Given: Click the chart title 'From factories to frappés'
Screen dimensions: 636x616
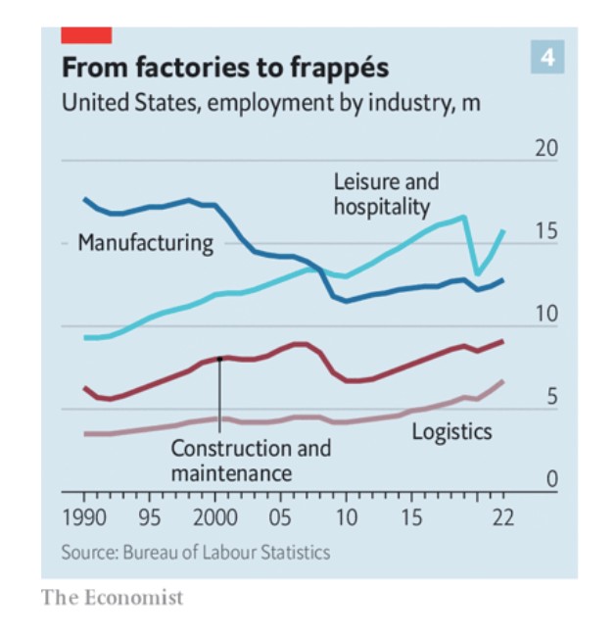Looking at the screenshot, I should pos(225,68).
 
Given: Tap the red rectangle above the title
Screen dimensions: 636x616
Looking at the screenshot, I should pos(86,35).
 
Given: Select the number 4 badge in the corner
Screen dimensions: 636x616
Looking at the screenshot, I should pos(548,58).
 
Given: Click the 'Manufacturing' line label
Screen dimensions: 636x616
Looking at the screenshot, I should pos(145,242).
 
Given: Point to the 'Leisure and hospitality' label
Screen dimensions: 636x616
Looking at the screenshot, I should pos(386,194).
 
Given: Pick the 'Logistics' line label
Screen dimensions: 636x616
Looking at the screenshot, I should pos(451,431).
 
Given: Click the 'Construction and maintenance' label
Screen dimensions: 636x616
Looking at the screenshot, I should pos(251,461).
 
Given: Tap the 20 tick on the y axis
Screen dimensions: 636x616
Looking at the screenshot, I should pos(545,150).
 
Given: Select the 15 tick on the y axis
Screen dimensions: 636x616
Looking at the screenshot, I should pos(545,232).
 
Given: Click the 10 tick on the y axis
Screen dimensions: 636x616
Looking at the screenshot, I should pos(545,315).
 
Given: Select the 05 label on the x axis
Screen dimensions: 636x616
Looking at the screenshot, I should pos(281,516).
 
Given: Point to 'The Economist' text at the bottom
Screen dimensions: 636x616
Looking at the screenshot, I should pos(112,597).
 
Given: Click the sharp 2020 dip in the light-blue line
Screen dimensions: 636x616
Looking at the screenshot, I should pos(477,273).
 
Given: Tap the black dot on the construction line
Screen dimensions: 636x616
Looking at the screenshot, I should pos(220,359).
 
